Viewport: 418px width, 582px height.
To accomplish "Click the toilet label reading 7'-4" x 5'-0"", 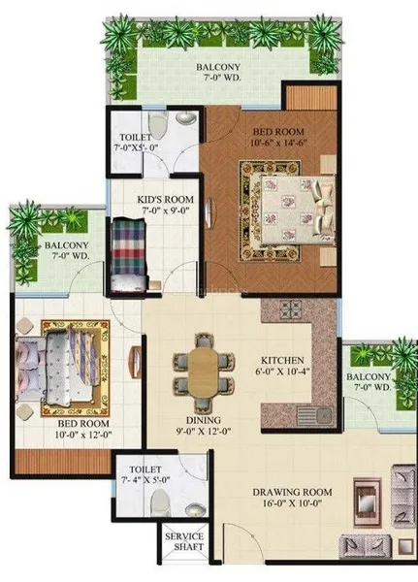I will point(143,480).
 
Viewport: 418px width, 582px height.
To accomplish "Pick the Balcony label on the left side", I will point(66,245).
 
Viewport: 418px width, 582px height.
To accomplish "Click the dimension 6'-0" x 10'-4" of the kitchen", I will point(282,372).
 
